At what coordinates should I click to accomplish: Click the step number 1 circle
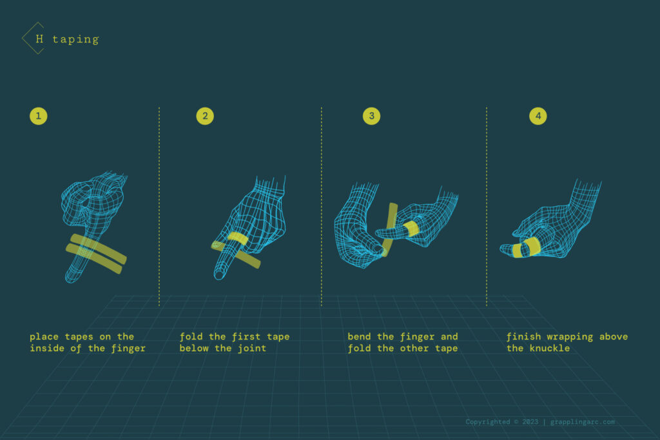[x=39, y=116]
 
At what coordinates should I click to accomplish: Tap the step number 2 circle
[x=205, y=116]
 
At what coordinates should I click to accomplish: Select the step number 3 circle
[x=371, y=116]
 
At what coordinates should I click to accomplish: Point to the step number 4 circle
[x=538, y=116]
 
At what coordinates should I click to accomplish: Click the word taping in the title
[x=75, y=39]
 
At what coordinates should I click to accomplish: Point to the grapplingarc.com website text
[x=583, y=422]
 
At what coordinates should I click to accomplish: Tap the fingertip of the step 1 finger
[x=70, y=278]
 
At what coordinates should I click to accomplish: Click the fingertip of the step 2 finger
[x=219, y=276]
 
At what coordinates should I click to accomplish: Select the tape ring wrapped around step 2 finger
[x=237, y=238]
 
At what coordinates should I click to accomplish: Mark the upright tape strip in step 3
[x=390, y=222]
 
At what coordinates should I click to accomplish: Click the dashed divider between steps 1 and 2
[x=159, y=206]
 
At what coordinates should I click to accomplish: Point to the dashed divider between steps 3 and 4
[x=487, y=206]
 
